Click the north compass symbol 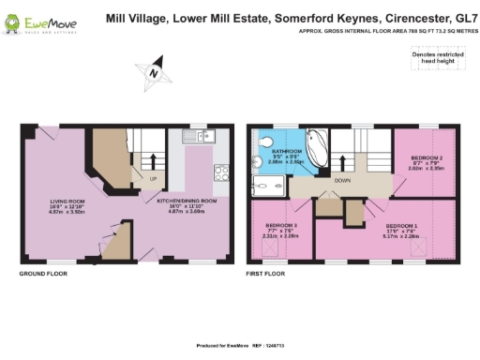point(152,73)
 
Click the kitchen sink point(199,138)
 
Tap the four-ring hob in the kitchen point(224,172)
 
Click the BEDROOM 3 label point(281,230)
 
